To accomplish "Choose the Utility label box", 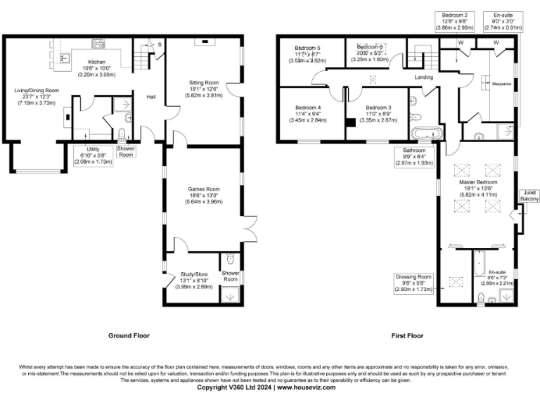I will tap(94, 155).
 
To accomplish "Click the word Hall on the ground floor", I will tap(150, 97).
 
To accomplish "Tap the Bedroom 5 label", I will tap(307, 54).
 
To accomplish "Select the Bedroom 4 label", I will tap(307, 113).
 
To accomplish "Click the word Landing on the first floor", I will tap(424, 77).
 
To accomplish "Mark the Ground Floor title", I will tap(129, 336).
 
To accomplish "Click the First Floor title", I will tap(408, 336).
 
